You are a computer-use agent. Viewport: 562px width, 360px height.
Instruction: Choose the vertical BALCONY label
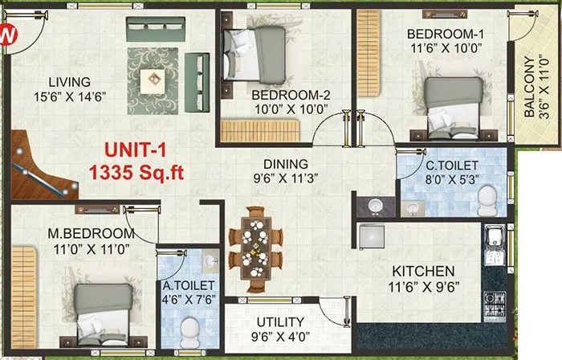pyautogui.click(x=530, y=87)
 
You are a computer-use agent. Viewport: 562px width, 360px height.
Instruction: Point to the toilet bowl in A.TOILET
pyautogui.click(x=190, y=329)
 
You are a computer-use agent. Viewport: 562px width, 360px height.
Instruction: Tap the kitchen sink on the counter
pyautogui.click(x=492, y=239)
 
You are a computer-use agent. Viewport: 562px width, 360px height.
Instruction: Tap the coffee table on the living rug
pyautogui.click(x=153, y=78)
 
